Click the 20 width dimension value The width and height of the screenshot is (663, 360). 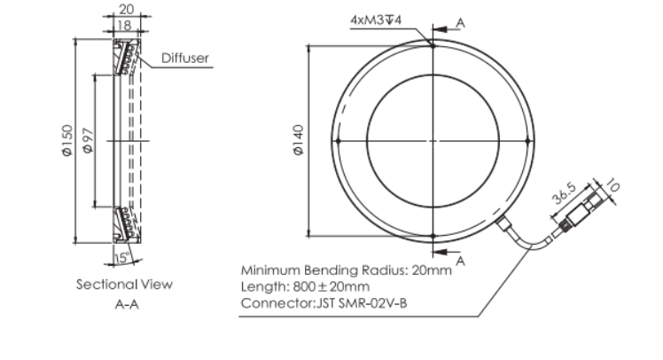(127, 9)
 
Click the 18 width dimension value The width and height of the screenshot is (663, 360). (124, 26)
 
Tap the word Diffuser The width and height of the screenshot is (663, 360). (185, 58)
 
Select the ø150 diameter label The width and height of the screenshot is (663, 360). (67, 140)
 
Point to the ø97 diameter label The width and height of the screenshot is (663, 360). (88, 140)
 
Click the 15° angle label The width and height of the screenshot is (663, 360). (122, 257)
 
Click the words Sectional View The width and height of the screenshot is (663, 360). (124, 285)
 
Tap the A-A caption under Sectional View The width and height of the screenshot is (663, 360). (127, 304)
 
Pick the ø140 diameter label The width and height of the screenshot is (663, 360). (299, 140)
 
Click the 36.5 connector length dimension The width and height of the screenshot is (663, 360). (564, 193)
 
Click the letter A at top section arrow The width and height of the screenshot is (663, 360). (460, 23)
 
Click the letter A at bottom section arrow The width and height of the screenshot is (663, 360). (460, 261)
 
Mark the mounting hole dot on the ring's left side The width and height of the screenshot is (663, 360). (338, 141)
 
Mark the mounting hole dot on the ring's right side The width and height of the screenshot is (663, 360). (527, 141)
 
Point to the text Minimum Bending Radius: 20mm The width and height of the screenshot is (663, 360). (347, 270)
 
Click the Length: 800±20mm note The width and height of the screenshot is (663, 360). (305, 286)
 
